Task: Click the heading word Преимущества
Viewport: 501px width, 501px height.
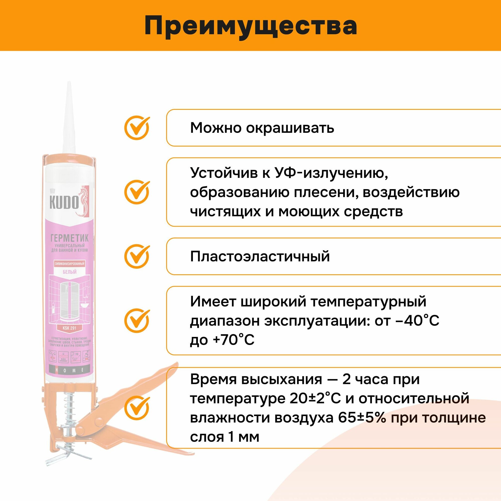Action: coord(250,26)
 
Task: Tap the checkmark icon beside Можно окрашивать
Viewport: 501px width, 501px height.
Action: coord(137,128)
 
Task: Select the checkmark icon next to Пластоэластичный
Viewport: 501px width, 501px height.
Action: coord(137,256)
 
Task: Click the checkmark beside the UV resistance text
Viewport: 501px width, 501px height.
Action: coord(137,192)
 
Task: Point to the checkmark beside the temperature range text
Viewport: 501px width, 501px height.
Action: coord(137,321)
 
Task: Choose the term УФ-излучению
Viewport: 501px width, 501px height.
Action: coord(331,173)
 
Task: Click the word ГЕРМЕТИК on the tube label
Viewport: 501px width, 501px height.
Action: coord(69,237)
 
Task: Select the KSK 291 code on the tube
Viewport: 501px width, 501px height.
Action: coord(69,328)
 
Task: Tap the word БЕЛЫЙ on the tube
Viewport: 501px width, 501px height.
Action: coord(69,272)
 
